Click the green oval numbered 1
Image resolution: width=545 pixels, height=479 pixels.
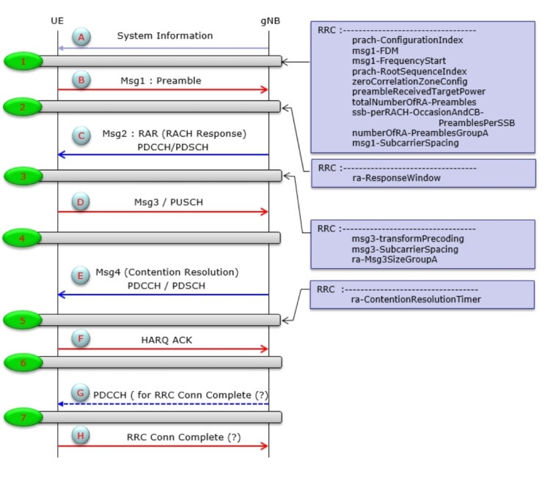(x=24, y=62)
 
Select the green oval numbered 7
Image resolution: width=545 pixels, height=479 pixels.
(x=24, y=417)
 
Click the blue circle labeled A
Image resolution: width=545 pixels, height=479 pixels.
(x=84, y=37)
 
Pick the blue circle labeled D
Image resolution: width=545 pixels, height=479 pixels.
(x=82, y=201)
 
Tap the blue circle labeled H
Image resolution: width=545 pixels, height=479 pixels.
(x=82, y=437)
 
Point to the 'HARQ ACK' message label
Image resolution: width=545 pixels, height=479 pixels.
(x=167, y=340)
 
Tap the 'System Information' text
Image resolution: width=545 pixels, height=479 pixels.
(x=165, y=35)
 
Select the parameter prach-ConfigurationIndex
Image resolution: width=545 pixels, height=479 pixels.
(x=406, y=41)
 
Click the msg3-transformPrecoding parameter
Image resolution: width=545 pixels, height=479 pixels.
(x=408, y=238)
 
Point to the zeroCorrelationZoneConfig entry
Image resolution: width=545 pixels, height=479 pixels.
(x=409, y=82)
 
